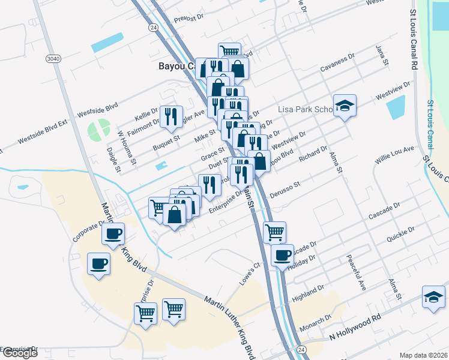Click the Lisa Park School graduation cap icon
(345, 106)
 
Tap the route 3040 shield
(52, 58)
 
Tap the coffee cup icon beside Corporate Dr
(112, 233)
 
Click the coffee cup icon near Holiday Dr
(282, 255)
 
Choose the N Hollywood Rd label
(355, 332)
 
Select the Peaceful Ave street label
(356, 273)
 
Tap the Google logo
(20, 353)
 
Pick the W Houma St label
(127, 147)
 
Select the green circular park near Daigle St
(99, 128)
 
